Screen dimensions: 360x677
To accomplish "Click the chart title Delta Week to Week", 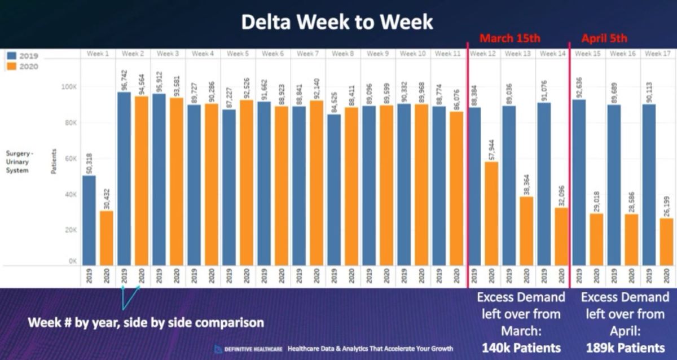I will pos(337,23).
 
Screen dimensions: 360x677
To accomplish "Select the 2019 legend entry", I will pos(23,56).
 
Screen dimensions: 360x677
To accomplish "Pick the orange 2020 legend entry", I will pos(23,67).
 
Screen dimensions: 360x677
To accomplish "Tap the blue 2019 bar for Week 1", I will pos(89,220).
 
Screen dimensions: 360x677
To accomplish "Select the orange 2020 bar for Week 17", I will pos(666,242).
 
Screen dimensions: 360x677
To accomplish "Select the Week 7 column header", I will pos(308,54).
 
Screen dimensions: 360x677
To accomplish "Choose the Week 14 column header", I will pos(552,54).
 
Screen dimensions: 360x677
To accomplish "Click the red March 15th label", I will pos(510,38).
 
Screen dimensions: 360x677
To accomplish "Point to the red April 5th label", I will pos(605,38).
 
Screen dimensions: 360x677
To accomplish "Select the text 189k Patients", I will pos(625,347).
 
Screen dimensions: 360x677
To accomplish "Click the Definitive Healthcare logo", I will pos(249,349).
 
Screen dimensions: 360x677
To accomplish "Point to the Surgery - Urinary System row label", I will pos(20,161).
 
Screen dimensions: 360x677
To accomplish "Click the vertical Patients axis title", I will pos(54,161).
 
